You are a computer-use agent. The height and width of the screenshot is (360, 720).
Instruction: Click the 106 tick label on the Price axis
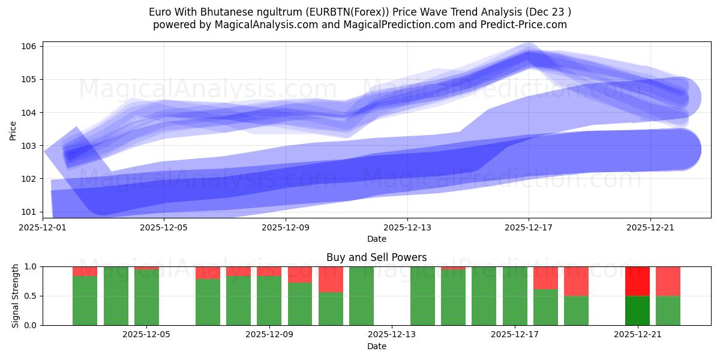pyautogui.click(x=31, y=47)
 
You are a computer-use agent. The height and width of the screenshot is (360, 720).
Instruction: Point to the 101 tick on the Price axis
pyautogui.click(x=31, y=212)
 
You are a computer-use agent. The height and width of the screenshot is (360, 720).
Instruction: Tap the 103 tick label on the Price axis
pyautogui.click(x=31, y=146)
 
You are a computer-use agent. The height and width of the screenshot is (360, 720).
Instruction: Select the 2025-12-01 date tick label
pyautogui.click(x=43, y=228)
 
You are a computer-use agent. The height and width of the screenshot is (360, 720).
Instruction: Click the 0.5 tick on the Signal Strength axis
pyautogui.click(x=31, y=296)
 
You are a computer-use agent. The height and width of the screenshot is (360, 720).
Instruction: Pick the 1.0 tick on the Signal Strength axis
pyautogui.click(x=31, y=266)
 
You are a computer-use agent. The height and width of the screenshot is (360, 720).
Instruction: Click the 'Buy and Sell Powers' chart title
pyautogui.click(x=376, y=257)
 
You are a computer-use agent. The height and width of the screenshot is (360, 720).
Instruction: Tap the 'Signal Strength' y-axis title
pyautogui.click(x=16, y=296)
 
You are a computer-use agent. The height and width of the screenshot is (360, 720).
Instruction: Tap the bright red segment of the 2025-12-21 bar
pyautogui.click(x=637, y=281)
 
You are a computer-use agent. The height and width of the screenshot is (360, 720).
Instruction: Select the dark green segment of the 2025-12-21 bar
pyautogui.click(x=637, y=310)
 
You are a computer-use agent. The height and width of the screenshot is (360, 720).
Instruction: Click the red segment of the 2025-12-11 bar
pyautogui.click(x=331, y=279)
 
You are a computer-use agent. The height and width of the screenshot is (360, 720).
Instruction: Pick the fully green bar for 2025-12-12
pyautogui.click(x=361, y=296)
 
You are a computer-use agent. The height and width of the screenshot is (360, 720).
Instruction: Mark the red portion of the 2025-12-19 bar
pyautogui.click(x=576, y=281)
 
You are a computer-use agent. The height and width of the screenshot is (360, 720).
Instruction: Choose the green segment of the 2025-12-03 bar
pyautogui.click(x=85, y=300)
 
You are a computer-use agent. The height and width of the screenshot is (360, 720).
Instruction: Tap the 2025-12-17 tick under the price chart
pyautogui.click(x=529, y=228)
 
